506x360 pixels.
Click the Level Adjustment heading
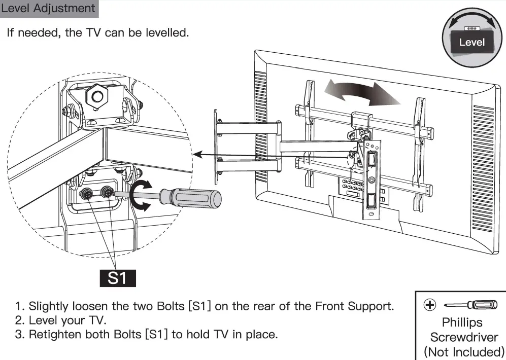(48, 9)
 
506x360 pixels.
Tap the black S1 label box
(118, 278)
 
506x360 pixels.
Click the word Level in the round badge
(471, 43)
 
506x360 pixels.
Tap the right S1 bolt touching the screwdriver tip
(107, 192)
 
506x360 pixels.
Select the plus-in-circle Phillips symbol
(429, 305)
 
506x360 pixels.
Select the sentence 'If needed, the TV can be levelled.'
(98, 33)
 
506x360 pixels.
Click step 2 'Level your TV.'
(61, 320)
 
